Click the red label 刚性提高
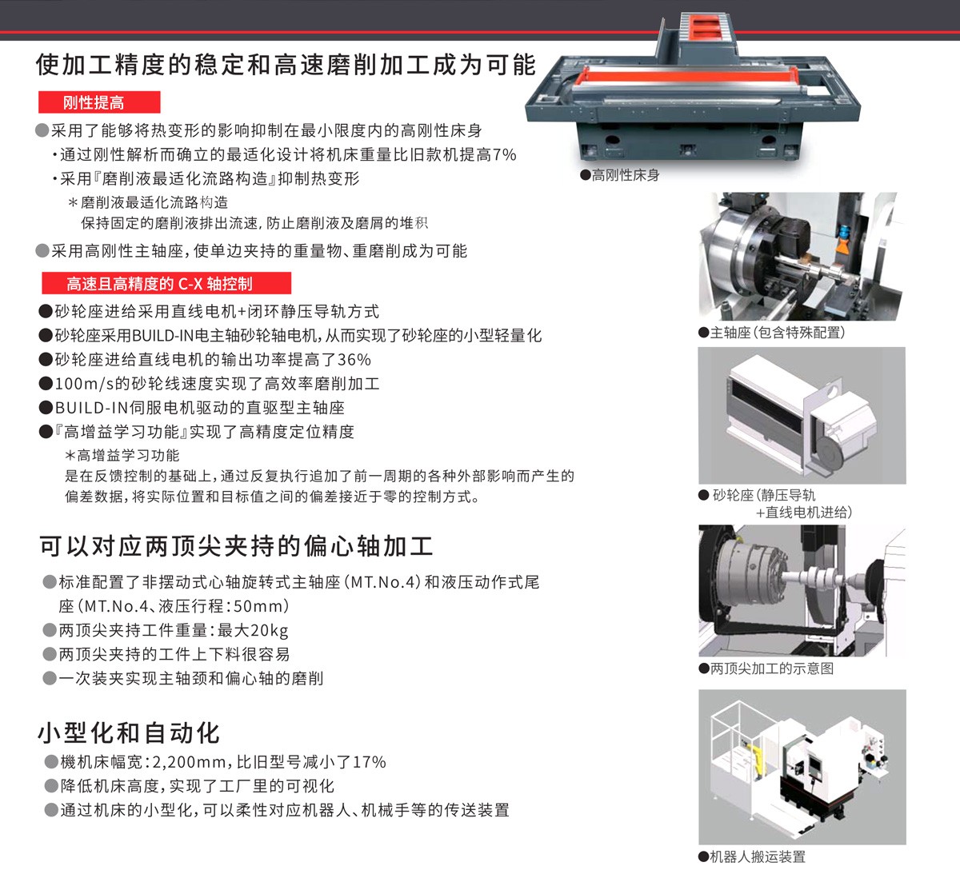[x=99, y=102]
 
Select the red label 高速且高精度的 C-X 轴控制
[x=166, y=283]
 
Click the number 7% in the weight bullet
[x=505, y=154]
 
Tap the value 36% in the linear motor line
[x=354, y=360]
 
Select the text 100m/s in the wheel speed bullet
[x=85, y=384]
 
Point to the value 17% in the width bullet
[x=370, y=762]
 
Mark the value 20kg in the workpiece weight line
[x=270, y=630]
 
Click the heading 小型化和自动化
[x=129, y=732]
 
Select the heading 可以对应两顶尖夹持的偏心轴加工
[x=236, y=546]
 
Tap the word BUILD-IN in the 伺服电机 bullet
[x=91, y=408]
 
